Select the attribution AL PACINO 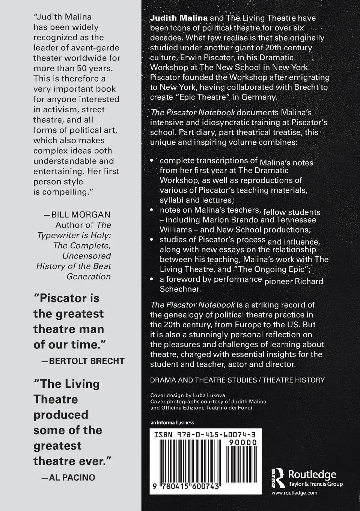coord(72,477)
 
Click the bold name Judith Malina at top coord(179,18)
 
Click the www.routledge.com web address coord(294,493)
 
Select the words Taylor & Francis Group coord(315,484)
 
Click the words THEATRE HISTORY coord(293,380)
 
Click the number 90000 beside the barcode coord(243,443)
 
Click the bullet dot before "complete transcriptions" coord(152,160)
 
